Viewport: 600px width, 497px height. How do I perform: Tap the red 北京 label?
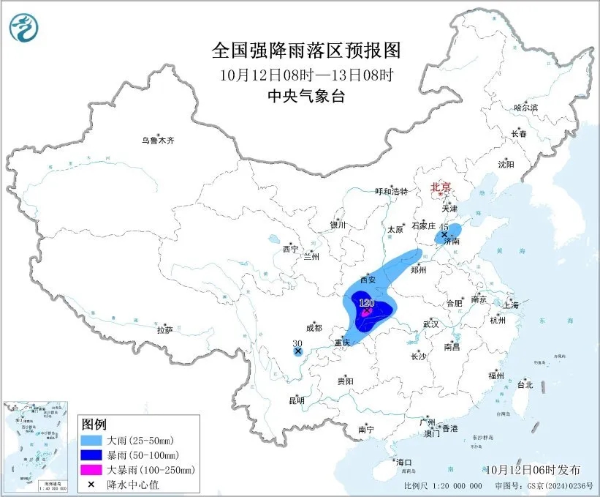[441, 187]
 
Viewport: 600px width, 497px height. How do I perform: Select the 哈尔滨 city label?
[525, 108]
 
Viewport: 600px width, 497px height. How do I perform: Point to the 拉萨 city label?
[164, 330]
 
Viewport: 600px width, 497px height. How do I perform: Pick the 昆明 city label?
[296, 400]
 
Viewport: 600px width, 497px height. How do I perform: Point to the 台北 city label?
[525, 384]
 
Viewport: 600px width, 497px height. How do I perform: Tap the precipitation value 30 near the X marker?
[297, 343]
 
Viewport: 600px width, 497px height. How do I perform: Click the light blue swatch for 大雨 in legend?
[93, 441]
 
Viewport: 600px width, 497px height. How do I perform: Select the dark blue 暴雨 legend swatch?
[93, 455]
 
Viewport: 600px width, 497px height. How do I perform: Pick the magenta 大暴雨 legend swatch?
[93, 469]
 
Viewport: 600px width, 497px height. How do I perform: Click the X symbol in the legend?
[93, 483]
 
